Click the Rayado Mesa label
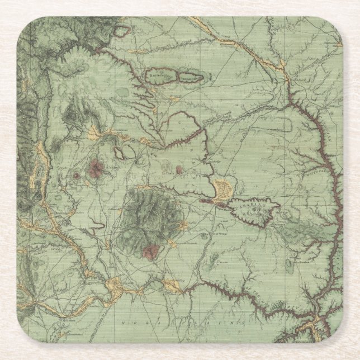[161, 73]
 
